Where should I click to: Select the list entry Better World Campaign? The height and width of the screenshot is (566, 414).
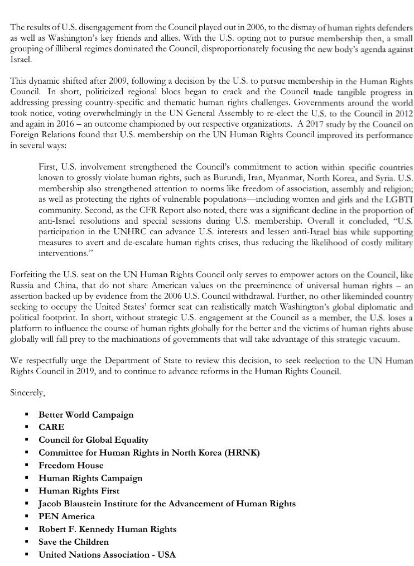[86, 415]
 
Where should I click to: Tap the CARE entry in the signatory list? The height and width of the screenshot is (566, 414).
[51, 428]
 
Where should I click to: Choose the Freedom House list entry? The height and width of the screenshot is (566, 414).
[71, 465]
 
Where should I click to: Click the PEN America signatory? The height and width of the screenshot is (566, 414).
[66, 516]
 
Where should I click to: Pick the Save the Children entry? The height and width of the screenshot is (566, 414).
[74, 541]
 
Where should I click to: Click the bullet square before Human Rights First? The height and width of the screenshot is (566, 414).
[26, 491]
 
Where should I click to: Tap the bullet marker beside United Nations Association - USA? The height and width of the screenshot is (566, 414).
[26, 555]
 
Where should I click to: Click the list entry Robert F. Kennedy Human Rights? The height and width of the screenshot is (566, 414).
[108, 529]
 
